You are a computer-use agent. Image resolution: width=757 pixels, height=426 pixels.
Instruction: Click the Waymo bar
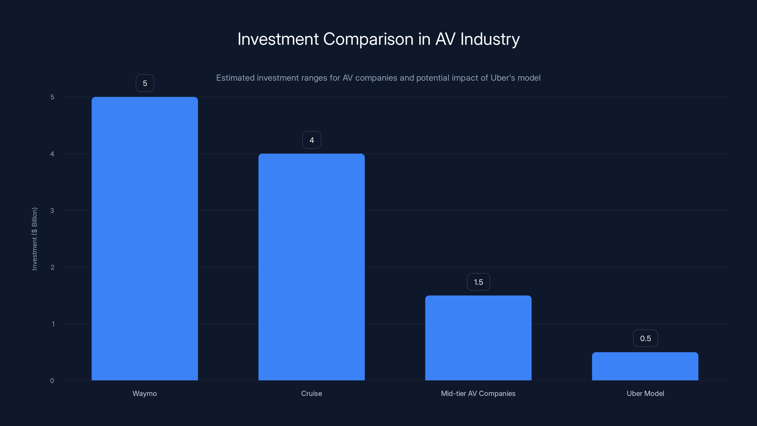coord(145,238)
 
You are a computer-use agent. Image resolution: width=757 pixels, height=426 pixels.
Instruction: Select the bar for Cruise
coord(312,267)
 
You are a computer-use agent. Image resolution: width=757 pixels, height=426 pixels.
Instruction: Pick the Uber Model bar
coord(645,366)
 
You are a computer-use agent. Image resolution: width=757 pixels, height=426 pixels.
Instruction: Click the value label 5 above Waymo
coord(145,83)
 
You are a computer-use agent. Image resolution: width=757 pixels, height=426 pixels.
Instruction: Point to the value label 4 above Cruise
coord(312,140)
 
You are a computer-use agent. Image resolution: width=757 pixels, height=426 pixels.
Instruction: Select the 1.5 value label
coord(478,282)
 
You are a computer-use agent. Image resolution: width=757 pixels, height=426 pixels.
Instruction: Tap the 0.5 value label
coord(645,338)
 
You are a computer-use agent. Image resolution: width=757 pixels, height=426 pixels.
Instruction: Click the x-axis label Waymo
coord(145,393)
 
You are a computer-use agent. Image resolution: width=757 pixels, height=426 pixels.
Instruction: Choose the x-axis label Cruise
coord(312,393)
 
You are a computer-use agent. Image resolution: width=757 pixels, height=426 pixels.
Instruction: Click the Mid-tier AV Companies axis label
coord(478,393)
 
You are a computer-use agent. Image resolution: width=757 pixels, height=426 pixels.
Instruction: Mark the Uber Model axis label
coord(645,393)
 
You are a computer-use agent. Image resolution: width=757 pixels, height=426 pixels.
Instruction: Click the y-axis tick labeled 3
coord(52,210)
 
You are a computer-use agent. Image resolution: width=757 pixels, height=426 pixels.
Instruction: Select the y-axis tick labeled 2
coord(52,267)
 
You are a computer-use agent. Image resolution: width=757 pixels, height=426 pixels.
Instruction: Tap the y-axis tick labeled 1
coord(53,324)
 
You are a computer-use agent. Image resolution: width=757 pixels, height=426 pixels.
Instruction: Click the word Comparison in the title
coord(368,39)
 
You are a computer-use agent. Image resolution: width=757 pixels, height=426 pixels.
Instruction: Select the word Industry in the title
coord(490,39)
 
